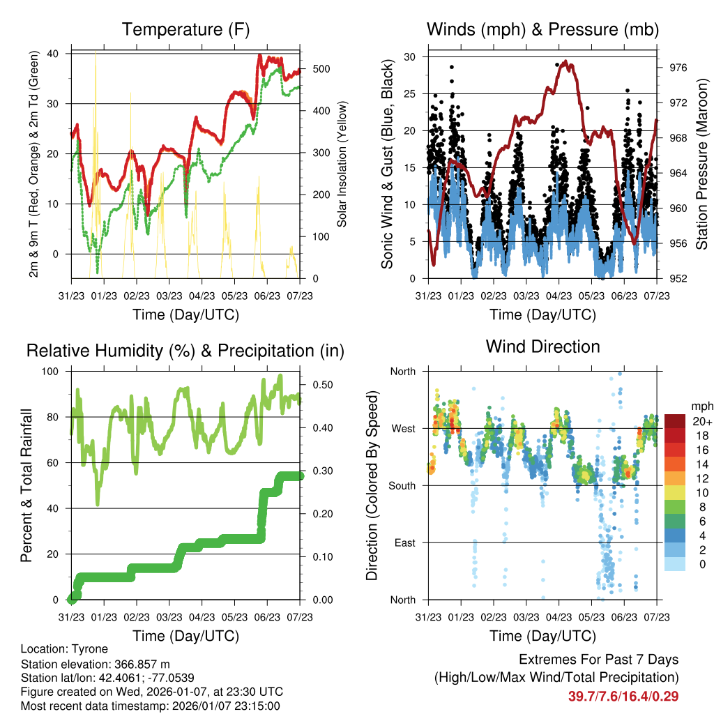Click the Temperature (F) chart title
185,29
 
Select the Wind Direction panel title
542,347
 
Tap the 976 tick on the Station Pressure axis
678,68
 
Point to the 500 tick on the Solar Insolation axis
321,69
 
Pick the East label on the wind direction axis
403,542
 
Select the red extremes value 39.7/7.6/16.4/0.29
623,696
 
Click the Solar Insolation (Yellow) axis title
342,164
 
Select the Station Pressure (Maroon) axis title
702,165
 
